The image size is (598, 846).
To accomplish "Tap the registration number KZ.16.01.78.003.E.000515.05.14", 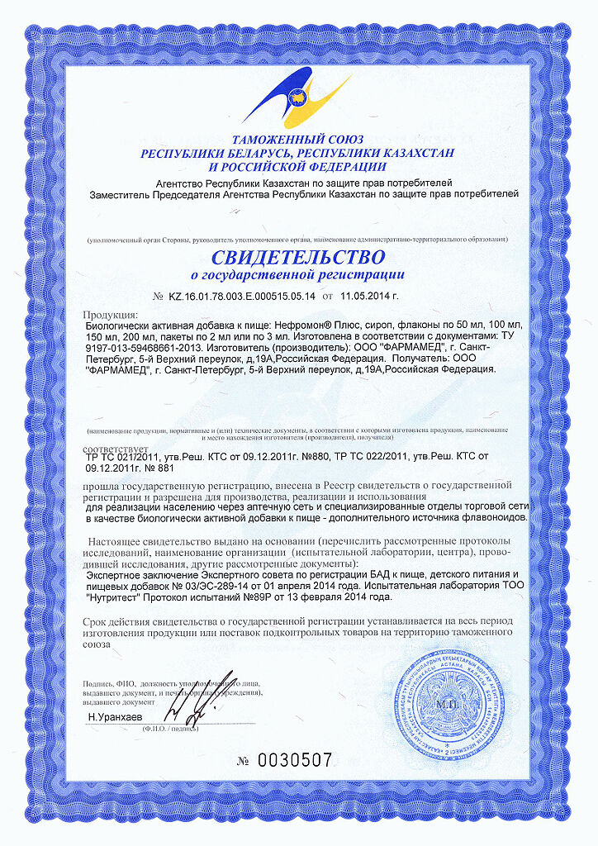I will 243,295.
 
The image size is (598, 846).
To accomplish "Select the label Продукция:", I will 112,316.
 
